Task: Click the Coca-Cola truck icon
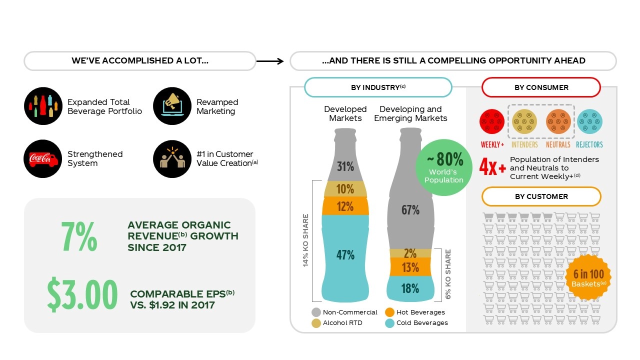(42, 158)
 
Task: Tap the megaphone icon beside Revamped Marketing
(172, 106)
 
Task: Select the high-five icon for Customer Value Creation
(172, 158)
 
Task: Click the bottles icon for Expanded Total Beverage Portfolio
(42, 106)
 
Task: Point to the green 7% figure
(79, 237)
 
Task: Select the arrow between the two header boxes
(270, 61)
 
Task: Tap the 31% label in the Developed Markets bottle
(345, 166)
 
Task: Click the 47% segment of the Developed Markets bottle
(345, 255)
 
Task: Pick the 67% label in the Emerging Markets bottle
(410, 210)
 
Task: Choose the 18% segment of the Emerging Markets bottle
(410, 288)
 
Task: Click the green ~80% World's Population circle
(444, 167)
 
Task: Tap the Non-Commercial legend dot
(316, 312)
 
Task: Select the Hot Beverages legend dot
(389, 312)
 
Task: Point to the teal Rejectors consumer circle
(589, 122)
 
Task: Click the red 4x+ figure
(492, 167)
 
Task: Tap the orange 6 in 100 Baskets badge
(588, 277)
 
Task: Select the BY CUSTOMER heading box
(541, 196)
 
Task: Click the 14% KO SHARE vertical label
(306, 240)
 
